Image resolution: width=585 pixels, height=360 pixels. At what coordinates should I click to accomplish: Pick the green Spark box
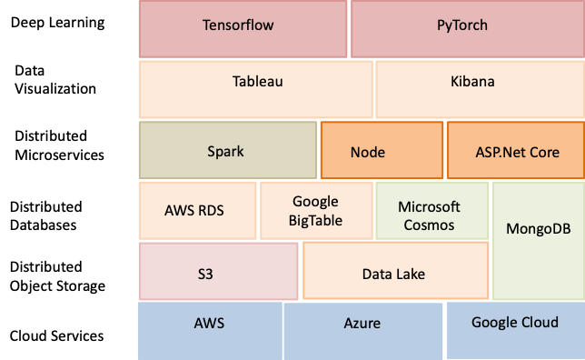(x=227, y=150)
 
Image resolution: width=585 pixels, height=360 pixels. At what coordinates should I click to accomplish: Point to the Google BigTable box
(x=315, y=210)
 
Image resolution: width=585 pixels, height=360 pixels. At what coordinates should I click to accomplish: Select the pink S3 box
(x=217, y=271)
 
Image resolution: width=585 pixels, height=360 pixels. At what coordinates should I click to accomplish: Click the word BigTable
(x=316, y=220)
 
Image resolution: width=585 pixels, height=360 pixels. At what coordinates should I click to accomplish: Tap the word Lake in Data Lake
(x=410, y=274)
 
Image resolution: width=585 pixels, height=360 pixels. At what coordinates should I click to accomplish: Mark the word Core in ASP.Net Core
(x=541, y=152)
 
